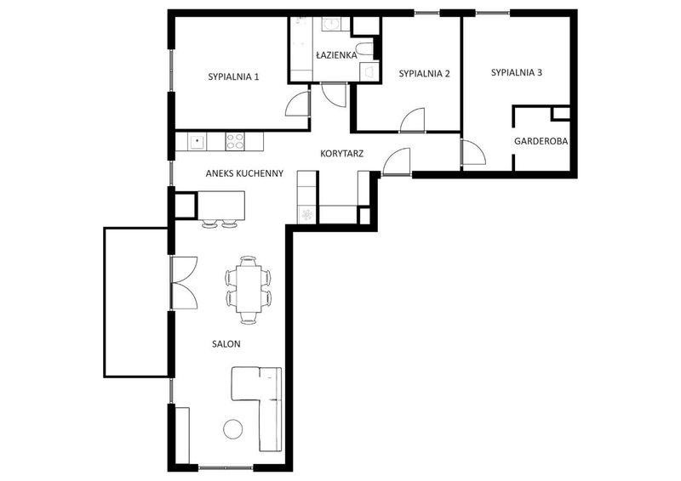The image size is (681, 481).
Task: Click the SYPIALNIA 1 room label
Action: pyautogui.click(x=233, y=76)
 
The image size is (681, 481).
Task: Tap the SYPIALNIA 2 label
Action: pyautogui.click(x=424, y=74)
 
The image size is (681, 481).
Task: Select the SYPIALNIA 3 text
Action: pyautogui.click(x=517, y=72)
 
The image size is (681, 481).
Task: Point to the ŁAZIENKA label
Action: pyautogui.click(x=336, y=55)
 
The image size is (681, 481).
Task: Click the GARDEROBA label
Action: pyautogui.click(x=541, y=141)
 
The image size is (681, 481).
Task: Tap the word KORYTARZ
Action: pyautogui.click(x=342, y=154)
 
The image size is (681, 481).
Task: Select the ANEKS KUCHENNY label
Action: pyautogui.click(x=244, y=173)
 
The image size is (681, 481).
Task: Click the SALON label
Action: pyautogui.click(x=226, y=344)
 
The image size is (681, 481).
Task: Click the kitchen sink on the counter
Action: pyautogui.click(x=197, y=141)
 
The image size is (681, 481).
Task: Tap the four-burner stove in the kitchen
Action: pyautogui.click(x=235, y=141)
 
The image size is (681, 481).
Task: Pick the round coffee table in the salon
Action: pyautogui.click(x=233, y=429)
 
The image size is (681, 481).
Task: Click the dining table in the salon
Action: pyautogui.click(x=249, y=289)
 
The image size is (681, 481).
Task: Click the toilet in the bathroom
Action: pyautogui.click(x=364, y=49)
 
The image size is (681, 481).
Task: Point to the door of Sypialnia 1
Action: pyautogui.click(x=297, y=105)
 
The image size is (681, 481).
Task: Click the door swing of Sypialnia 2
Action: pyautogui.click(x=412, y=119)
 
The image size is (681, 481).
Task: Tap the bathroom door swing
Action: pyautogui.click(x=333, y=94)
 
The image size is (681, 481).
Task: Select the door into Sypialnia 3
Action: pyautogui.click(x=472, y=152)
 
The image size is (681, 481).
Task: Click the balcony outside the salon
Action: pyautogui.click(x=136, y=302)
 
